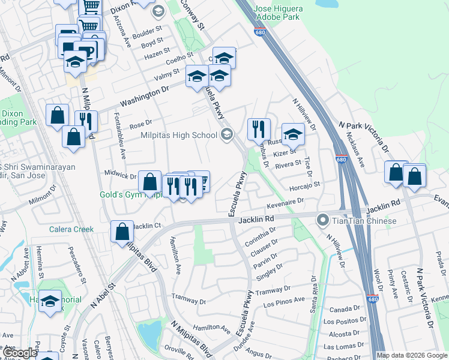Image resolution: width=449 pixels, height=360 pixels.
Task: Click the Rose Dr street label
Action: [139, 125]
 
